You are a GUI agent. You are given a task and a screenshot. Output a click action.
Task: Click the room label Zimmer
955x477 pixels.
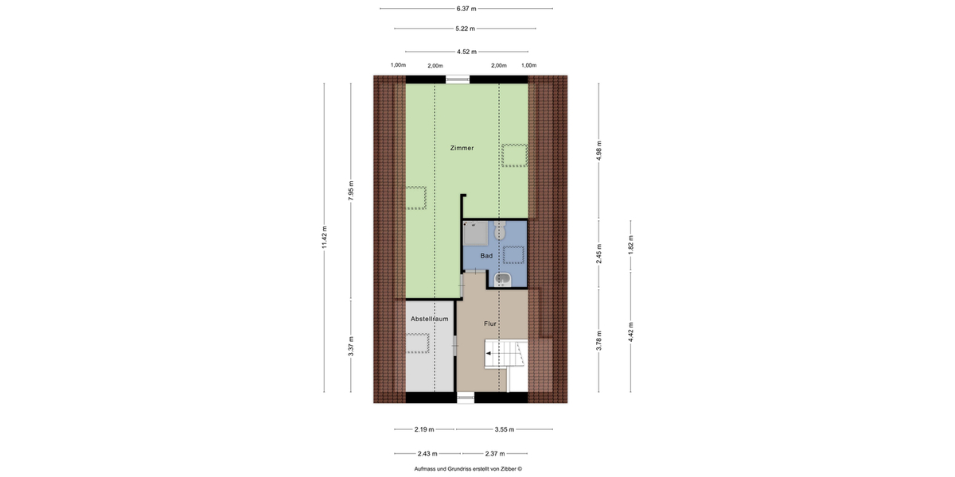coord(462,148)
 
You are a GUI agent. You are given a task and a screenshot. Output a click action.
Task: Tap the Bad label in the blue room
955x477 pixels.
coord(486,255)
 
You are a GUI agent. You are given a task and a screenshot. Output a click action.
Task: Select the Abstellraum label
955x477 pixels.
coord(430,319)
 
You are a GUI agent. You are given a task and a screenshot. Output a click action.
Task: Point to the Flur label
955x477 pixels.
coord(490,324)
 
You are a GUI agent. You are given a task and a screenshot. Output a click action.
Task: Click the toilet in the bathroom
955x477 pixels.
coord(499,231)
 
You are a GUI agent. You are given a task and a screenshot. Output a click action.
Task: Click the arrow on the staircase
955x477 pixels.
coord(489,352)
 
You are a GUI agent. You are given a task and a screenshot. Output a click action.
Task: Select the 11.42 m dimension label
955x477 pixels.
coord(325,238)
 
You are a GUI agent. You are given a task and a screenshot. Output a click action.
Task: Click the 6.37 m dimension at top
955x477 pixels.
coord(466,9)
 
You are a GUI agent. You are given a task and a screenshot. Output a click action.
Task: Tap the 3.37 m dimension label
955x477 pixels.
coord(351,346)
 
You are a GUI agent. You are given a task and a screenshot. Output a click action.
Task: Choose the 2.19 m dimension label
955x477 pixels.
coord(425,429)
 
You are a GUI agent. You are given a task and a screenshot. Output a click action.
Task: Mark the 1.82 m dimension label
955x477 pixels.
coord(630,242)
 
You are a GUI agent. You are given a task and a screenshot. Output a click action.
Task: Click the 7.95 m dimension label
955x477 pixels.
coord(351,191)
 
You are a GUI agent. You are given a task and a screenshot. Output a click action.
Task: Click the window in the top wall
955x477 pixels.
coord(458,79)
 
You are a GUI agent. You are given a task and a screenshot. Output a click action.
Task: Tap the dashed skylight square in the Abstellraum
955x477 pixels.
coord(418,343)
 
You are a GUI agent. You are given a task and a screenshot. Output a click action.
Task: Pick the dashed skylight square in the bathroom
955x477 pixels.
coord(513,254)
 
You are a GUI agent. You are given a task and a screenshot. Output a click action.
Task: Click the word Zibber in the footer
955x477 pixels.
coord(507,468)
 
